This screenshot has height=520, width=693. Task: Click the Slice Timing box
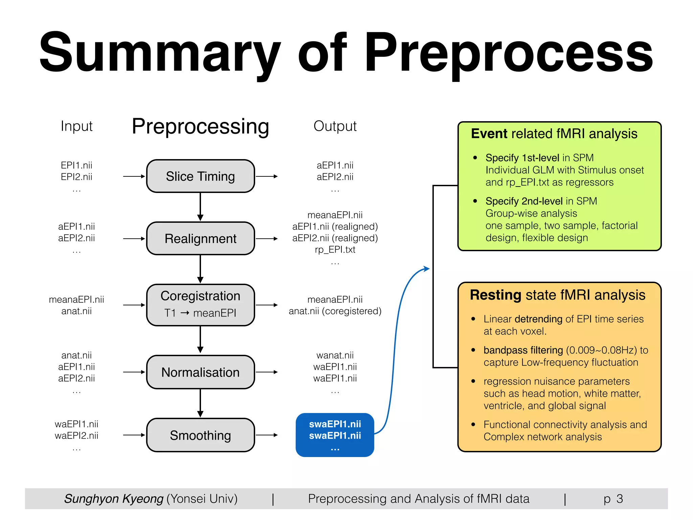200,176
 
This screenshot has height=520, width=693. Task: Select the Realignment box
200,239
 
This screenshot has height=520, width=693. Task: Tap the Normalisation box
200,372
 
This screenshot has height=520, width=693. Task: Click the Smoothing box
200,435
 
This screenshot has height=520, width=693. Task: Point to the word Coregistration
200,296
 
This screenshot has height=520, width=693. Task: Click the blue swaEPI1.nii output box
335,435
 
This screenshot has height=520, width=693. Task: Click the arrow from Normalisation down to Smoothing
200,403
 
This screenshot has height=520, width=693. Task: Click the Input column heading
76,126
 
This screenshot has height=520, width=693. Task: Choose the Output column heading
335,126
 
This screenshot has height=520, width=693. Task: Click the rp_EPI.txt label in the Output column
335,250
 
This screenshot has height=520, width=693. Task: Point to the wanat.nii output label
335,355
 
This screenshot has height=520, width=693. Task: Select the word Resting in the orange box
495,295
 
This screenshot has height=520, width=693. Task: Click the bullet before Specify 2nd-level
475,201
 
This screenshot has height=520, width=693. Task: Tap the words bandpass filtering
523,350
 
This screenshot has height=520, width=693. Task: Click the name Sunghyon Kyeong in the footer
114,499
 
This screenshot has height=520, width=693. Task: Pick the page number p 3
613,499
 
